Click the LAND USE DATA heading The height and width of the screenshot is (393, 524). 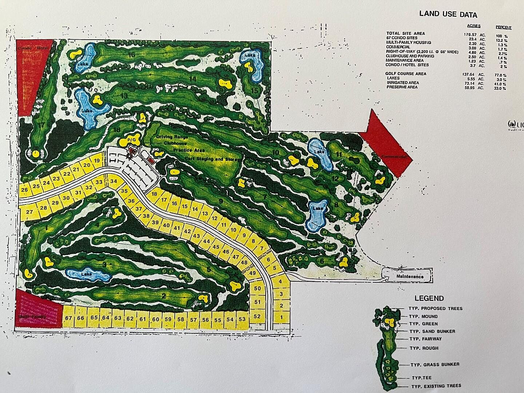point(448,15)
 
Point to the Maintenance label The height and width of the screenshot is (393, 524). point(410,277)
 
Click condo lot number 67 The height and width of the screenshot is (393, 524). point(68,318)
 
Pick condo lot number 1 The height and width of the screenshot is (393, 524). point(281,317)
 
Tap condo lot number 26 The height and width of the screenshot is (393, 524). point(25,190)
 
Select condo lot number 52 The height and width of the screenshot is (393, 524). point(257,316)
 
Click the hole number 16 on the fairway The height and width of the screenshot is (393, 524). point(131,55)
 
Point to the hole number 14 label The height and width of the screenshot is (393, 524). point(193,79)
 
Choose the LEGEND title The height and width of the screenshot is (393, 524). point(429,298)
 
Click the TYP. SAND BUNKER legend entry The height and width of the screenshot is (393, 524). point(432,332)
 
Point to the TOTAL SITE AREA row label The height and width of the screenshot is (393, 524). point(400,33)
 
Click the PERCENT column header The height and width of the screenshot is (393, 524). point(504,27)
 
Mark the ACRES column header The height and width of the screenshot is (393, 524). point(473,26)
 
